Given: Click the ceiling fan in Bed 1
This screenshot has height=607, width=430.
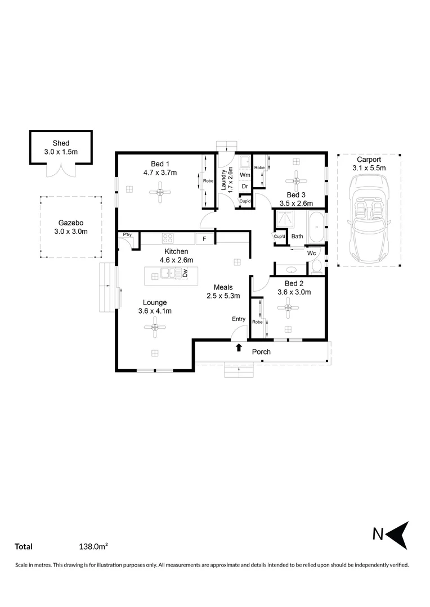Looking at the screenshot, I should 160,193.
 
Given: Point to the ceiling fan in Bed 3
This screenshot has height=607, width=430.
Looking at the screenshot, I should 295,180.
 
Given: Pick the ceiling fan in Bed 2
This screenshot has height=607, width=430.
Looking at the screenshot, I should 288,307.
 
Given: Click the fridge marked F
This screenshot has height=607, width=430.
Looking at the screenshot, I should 204,239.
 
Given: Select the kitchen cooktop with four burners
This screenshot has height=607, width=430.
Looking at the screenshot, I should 168,238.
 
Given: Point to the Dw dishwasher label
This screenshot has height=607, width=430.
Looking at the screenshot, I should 185,274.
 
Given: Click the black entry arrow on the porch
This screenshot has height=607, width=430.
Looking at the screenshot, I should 239,348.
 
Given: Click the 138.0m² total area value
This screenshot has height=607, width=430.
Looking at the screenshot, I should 93,546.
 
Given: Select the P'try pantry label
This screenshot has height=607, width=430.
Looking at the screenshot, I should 124,234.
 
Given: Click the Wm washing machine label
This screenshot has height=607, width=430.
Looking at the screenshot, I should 245,175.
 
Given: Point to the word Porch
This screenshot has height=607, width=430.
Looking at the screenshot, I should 261,352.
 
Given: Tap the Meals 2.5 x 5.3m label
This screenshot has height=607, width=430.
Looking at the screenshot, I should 223,291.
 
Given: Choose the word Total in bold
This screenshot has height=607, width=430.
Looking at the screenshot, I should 24,546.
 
